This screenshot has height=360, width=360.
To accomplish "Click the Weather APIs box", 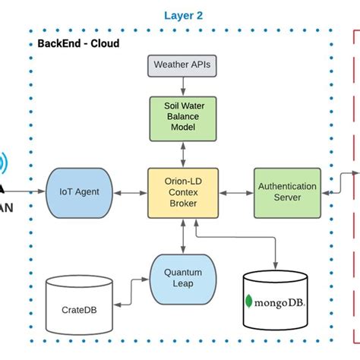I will pyautogui.click(x=182, y=65).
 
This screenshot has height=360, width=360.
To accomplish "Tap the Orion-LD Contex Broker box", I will pyautogui.click(x=182, y=192).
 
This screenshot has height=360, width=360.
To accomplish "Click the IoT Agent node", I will pyautogui.click(x=78, y=192).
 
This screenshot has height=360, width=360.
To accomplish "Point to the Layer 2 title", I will pyautogui.click(x=184, y=15).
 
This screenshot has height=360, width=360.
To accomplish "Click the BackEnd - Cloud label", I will pyautogui.click(x=78, y=43).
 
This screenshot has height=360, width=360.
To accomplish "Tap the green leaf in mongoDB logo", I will pyautogui.click(x=248, y=302).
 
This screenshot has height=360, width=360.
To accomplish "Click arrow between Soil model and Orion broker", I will pyautogui.click(x=182, y=154).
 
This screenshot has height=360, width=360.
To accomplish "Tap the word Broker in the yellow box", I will pyautogui.click(x=182, y=204).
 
